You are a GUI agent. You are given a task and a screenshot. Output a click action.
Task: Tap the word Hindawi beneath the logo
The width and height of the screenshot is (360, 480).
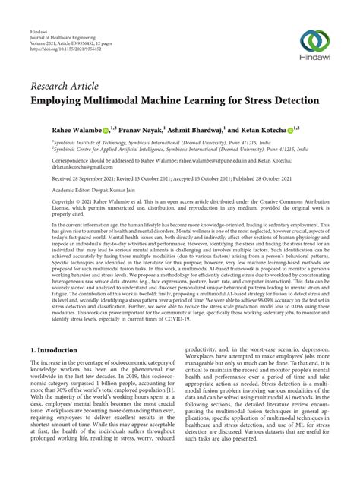click(312, 60)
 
